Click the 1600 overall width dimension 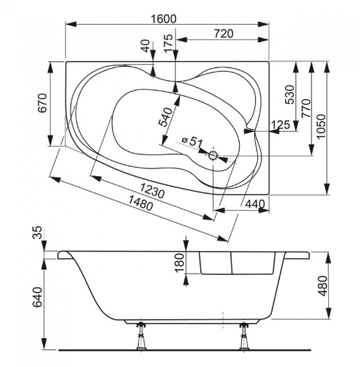(x=163, y=19)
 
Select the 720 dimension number (x=224, y=34)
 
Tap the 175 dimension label (x=168, y=43)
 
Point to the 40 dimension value (x=146, y=46)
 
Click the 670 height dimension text (x=43, y=103)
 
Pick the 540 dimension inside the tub (x=166, y=117)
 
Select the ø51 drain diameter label (x=192, y=141)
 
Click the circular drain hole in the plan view (x=213, y=155)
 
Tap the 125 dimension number (x=281, y=125)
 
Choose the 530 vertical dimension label (x=290, y=95)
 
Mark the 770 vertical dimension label (x=306, y=108)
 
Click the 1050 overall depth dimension (x=321, y=126)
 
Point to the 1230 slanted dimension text (x=153, y=190)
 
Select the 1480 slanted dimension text (x=141, y=203)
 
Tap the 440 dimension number (x=255, y=204)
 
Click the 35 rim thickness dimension (x=38, y=232)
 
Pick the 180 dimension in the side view (x=180, y=263)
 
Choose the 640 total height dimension (x=38, y=297)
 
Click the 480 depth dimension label (x=323, y=286)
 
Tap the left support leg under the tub (x=141, y=336)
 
